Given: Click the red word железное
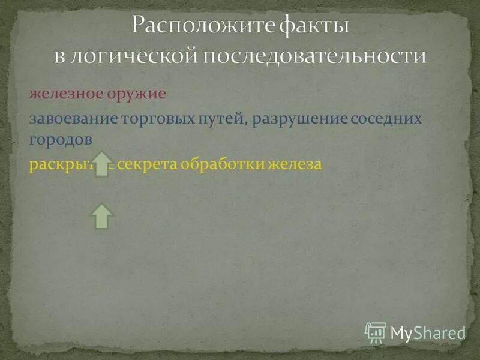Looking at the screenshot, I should [x=62, y=95].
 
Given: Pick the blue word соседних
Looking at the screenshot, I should [x=384, y=118].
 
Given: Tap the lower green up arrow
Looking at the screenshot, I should [x=103, y=216].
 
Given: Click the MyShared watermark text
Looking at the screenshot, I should [x=428, y=333].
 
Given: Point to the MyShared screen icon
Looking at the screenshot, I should [x=376, y=332].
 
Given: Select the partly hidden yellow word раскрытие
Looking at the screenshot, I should [x=60, y=164].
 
